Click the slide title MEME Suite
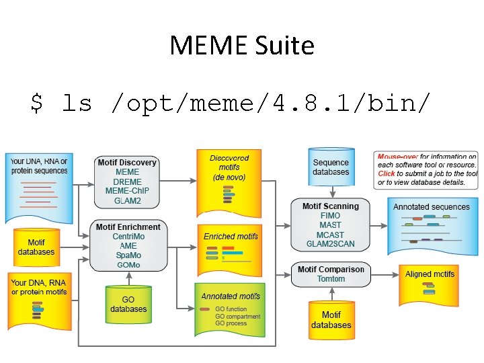pos(242,46)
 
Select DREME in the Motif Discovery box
pos(128,182)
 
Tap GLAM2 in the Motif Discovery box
pos(128,200)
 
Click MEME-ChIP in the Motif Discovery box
pos(128,191)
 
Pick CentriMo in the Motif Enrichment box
pos(128,237)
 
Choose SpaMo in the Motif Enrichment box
pos(128,255)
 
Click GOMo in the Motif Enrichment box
pos(128,265)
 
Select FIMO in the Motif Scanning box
pos(330,216)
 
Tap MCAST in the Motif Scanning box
pos(330,235)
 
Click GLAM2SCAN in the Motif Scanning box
pos(330,244)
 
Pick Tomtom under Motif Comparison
pos(331,279)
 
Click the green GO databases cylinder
pos(128,305)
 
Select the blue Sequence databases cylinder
pos(331,167)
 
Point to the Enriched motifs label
pos(231,237)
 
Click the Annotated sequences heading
pos(431,207)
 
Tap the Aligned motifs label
pos(430,274)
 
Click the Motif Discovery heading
pos(127,163)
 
